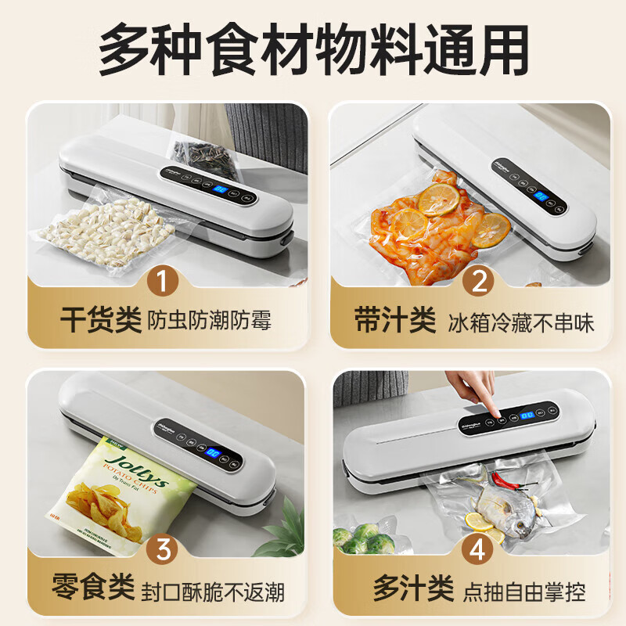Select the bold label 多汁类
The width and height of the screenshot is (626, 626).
[x=400, y=588]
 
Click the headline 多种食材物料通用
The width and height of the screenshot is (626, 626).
[x=313, y=49]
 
